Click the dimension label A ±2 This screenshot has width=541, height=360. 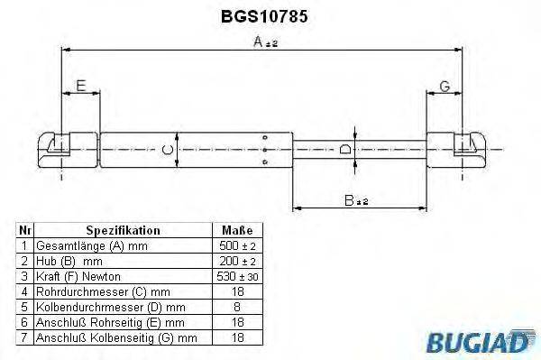coord(265,42)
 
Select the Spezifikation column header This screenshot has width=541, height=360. coord(123,231)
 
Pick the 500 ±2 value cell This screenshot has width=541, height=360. coord(236,245)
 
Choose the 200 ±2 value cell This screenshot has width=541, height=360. coord(236,261)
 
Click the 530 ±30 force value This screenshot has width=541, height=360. coord(236,276)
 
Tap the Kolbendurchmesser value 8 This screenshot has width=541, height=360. coord(236,307)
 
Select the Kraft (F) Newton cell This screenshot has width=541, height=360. coord(78,276)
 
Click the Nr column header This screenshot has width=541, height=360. coord(25,231)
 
